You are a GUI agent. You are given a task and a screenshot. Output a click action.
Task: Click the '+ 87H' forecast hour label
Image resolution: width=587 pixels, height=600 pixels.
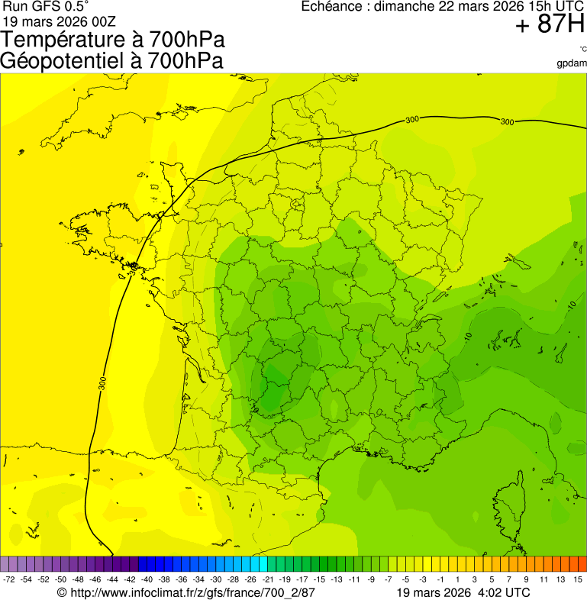coord(550,26)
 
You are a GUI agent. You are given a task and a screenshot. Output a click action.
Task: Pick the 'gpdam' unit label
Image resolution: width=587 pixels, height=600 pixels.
coord(572,63)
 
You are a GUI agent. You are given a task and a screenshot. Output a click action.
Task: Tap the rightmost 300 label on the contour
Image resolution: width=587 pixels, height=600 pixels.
coord(507,121)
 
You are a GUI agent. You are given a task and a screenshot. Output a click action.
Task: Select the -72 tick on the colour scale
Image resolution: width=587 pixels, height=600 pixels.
coord(10,580)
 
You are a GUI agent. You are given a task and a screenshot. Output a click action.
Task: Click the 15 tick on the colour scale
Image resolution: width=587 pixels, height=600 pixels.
coord(578,580)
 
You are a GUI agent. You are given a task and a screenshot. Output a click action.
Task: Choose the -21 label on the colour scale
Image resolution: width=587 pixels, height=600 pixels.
coord(268,580)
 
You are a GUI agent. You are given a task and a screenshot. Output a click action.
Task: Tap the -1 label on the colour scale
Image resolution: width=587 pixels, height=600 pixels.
coord(440,580)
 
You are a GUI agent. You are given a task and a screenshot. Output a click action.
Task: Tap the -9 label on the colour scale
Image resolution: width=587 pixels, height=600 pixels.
coord(371,580)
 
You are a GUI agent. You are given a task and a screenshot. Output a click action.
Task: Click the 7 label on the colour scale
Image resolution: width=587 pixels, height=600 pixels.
coord(509,580)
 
